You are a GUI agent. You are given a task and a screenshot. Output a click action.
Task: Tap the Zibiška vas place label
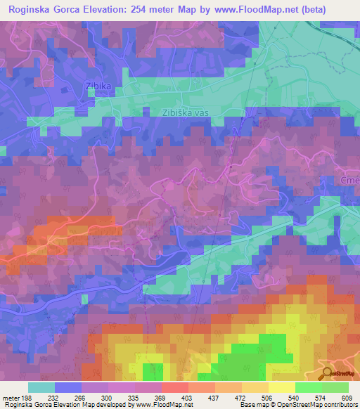point(187,112)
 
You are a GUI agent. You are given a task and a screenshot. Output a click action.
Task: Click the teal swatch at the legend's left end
point(41,387)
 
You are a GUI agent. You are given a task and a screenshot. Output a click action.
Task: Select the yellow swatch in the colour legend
point(281,387)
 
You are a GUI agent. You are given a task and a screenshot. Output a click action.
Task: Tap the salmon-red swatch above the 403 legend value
point(174,387)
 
